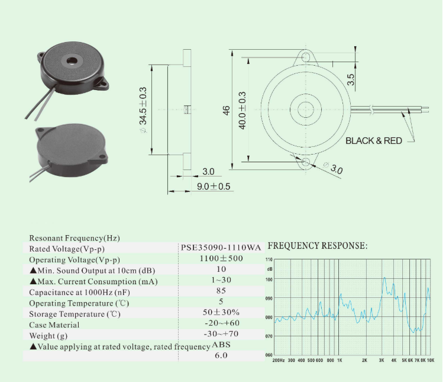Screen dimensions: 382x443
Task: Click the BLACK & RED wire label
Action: point(373,141)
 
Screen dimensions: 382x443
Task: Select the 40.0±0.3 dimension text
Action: point(242,109)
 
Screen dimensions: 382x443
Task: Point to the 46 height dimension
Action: point(226,110)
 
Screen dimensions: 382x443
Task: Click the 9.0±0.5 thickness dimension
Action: point(214,187)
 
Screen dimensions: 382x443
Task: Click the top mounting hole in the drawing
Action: point(306,57)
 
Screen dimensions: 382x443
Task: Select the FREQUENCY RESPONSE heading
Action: point(318,246)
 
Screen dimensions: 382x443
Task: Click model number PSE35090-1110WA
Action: point(221,248)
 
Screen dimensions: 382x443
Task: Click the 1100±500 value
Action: point(221,259)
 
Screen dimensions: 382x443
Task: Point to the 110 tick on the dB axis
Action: point(269,260)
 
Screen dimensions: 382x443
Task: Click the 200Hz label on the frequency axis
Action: point(279,360)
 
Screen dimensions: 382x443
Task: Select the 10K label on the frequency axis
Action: point(431,360)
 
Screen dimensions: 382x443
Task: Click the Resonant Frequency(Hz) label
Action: point(74,237)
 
